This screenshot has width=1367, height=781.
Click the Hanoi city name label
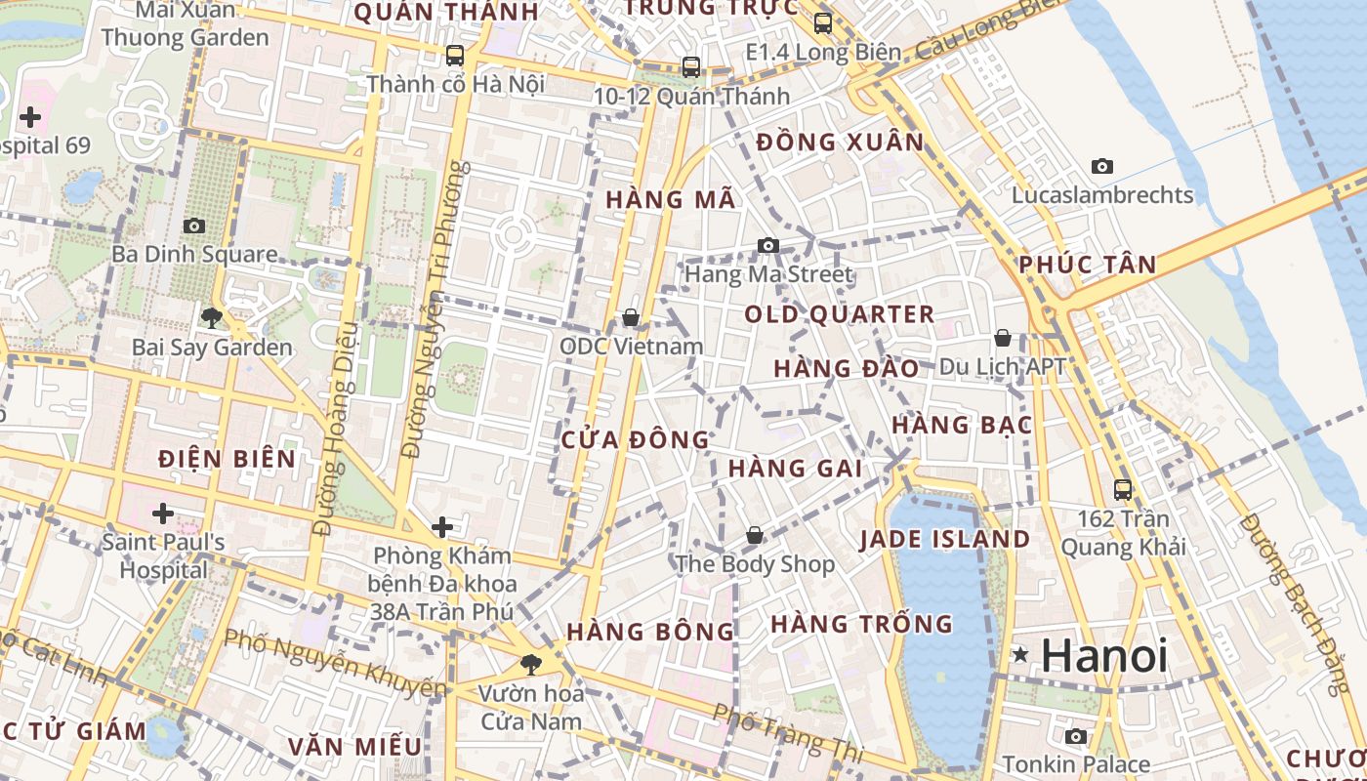[x=1104, y=655]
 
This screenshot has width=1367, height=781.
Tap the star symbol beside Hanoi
[x=1020, y=655]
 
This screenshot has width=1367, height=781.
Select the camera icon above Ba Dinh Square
[x=194, y=226]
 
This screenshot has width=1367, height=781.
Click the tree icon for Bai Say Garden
[x=211, y=317]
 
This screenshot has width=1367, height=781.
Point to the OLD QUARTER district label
[x=840, y=314]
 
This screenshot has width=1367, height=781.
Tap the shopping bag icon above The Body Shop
[x=754, y=535]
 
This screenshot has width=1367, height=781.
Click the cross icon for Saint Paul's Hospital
[x=163, y=513]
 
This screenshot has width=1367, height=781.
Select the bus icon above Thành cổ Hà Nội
[x=455, y=56]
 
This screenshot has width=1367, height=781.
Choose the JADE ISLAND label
[x=944, y=540]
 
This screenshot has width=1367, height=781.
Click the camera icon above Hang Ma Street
[x=768, y=245]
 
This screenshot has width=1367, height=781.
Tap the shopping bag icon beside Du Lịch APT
[x=1003, y=339]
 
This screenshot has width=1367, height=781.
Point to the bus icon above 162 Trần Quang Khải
[x=1123, y=490]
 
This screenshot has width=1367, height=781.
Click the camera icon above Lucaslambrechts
[x=1102, y=167]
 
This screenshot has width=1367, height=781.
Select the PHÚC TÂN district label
[x=1087, y=265]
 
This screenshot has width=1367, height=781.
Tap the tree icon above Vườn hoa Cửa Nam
[x=530, y=665]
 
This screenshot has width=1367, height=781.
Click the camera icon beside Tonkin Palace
[x=1076, y=737]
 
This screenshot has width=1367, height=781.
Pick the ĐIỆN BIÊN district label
[x=227, y=459]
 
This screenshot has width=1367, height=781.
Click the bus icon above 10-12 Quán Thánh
[x=691, y=67]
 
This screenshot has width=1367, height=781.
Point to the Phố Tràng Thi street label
[x=789, y=733]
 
